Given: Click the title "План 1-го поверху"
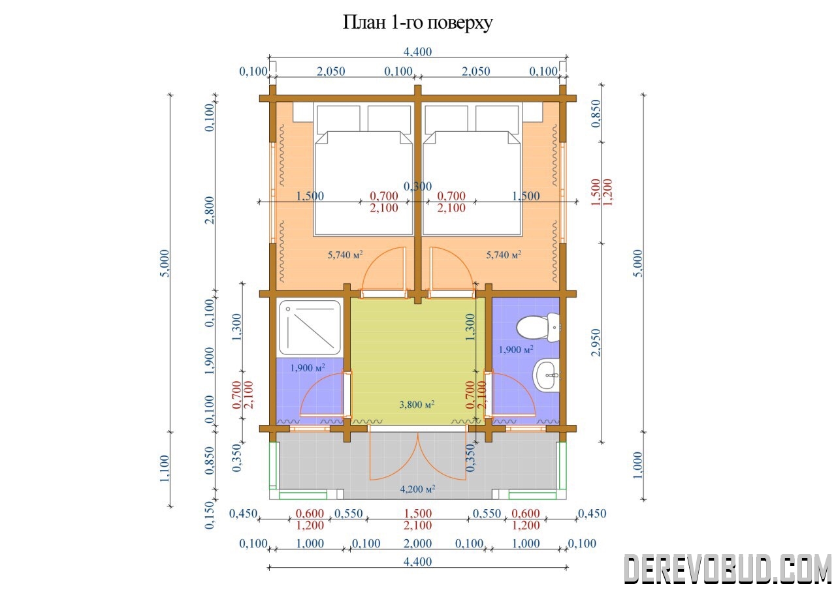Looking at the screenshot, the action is click(417, 22).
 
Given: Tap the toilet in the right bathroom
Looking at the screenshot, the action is click(538, 327).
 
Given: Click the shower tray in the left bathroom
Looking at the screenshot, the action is click(310, 328).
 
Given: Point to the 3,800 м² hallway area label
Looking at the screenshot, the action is click(417, 404).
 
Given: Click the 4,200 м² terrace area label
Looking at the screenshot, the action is click(417, 489).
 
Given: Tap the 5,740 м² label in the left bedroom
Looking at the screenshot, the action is click(346, 255).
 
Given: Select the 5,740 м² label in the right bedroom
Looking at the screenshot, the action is click(504, 255).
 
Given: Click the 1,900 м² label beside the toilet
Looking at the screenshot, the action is click(516, 349).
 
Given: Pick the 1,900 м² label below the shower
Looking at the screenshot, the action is click(308, 367).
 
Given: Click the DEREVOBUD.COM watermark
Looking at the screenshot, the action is click(728, 569).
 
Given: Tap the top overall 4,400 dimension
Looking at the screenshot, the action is click(417, 52).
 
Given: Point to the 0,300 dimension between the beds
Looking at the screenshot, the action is click(417, 186).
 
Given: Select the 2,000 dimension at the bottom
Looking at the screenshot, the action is click(417, 544).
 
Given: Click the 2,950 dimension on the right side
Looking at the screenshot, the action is click(596, 343).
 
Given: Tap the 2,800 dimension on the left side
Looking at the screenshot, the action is click(210, 210).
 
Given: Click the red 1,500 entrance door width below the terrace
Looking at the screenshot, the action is click(417, 513).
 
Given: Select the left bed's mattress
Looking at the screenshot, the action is click(364, 183).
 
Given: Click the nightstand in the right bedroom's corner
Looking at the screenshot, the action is click(532, 112).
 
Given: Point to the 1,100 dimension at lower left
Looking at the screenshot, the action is click(165, 469).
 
